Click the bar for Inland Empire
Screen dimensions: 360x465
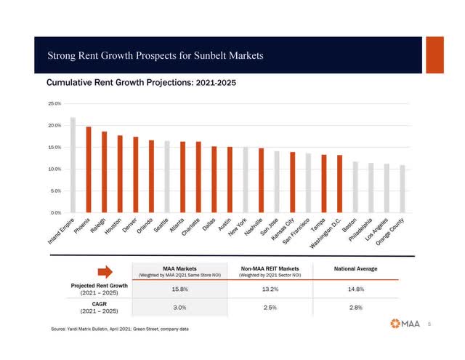[x=73, y=165]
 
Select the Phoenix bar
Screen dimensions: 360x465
[x=89, y=169]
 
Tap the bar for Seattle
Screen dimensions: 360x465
[x=167, y=177]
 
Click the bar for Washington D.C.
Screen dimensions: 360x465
[x=339, y=184]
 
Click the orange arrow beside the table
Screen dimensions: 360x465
[x=105, y=272]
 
